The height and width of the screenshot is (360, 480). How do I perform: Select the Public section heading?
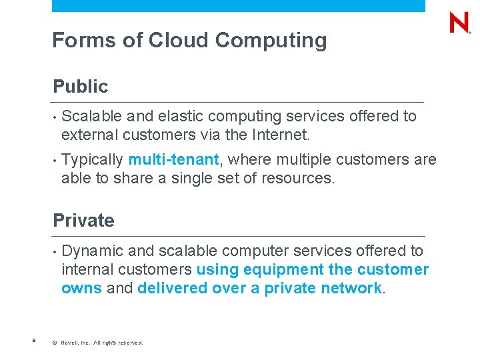click(80, 87)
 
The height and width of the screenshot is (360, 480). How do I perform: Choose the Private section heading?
click(83, 221)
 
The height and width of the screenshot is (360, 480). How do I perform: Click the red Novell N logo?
click(460, 23)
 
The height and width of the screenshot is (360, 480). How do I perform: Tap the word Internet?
click(281, 135)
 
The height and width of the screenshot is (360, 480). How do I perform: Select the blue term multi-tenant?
click(173, 160)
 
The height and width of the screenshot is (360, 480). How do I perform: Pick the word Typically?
click(92, 160)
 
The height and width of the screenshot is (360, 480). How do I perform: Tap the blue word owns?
click(81, 289)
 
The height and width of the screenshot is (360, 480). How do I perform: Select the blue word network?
click(351, 289)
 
